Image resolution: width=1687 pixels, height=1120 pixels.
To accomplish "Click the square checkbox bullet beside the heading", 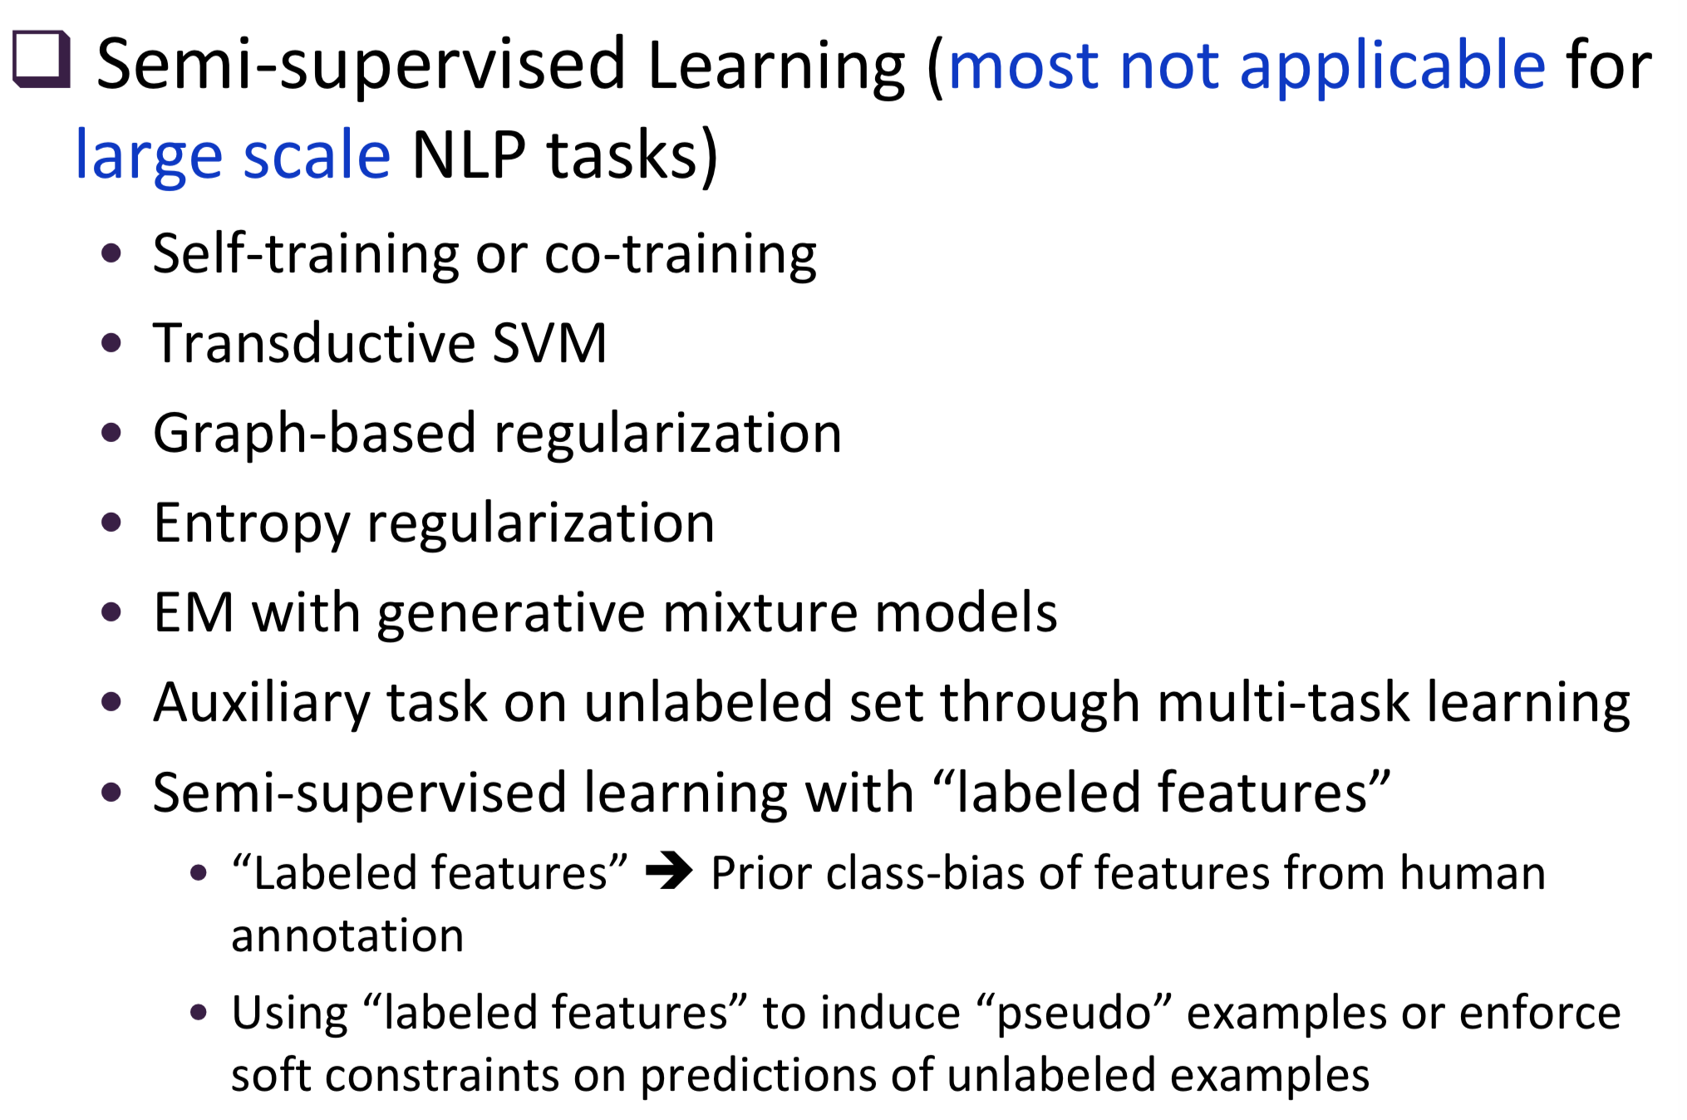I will click(x=42, y=60).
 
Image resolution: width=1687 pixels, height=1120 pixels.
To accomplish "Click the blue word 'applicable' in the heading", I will click(x=1392, y=66).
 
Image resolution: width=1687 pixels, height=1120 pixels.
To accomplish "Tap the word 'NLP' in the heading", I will click(x=469, y=155).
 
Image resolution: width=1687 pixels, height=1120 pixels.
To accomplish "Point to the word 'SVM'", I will click(x=549, y=343).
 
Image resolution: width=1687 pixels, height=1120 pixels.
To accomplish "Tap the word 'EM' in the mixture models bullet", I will click(x=194, y=613).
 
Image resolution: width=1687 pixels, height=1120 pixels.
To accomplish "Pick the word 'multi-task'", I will click(x=1283, y=703).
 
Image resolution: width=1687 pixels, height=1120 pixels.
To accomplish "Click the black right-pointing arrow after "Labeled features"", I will click(x=669, y=872).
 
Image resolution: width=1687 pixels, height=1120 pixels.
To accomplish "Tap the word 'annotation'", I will click(x=347, y=936).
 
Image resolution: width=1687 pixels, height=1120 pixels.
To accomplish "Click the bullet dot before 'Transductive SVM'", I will click(x=111, y=343).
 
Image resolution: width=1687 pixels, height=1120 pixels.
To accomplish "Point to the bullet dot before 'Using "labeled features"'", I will click(x=198, y=1012).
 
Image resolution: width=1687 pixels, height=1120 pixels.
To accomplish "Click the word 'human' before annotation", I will click(x=1473, y=874).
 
